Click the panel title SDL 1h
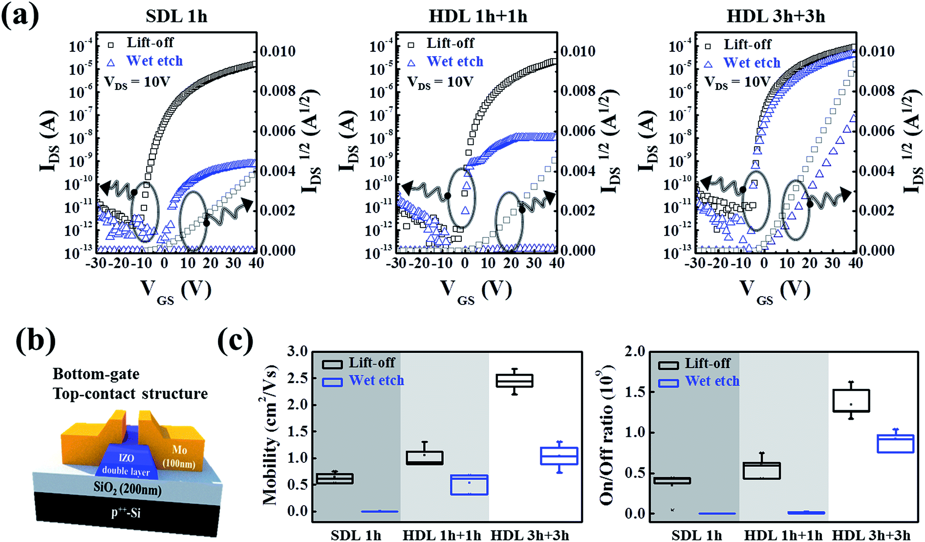pyautogui.click(x=176, y=16)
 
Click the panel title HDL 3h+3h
pyautogui.click(x=775, y=16)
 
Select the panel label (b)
pyautogui.click(x=35, y=341)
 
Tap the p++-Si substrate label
pyautogui.click(x=126, y=512)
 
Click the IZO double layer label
pyautogui.click(x=126, y=464)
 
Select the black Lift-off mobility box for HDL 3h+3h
pyautogui.click(x=514, y=381)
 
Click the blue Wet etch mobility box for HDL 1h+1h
pyautogui.click(x=469, y=485)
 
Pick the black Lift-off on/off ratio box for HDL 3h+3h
pyautogui.click(x=851, y=401)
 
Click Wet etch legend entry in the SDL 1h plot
pyautogui.click(x=154, y=61)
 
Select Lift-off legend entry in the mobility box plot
pyautogui.click(x=371, y=363)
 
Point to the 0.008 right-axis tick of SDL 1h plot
pyautogui.click(x=277, y=91)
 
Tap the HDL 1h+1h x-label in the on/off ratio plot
pyautogui.click(x=783, y=535)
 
